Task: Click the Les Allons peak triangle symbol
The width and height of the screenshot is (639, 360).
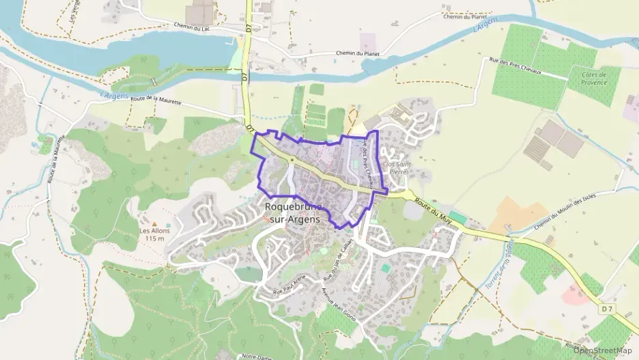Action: (x=154, y=223)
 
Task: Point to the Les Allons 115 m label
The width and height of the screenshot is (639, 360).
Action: (x=154, y=235)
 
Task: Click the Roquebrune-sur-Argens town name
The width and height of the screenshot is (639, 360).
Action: (x=292, y=211)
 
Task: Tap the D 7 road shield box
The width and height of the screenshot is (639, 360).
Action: (x=608, y=309)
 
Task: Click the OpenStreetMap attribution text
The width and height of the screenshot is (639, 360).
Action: (x=603, y=350)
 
